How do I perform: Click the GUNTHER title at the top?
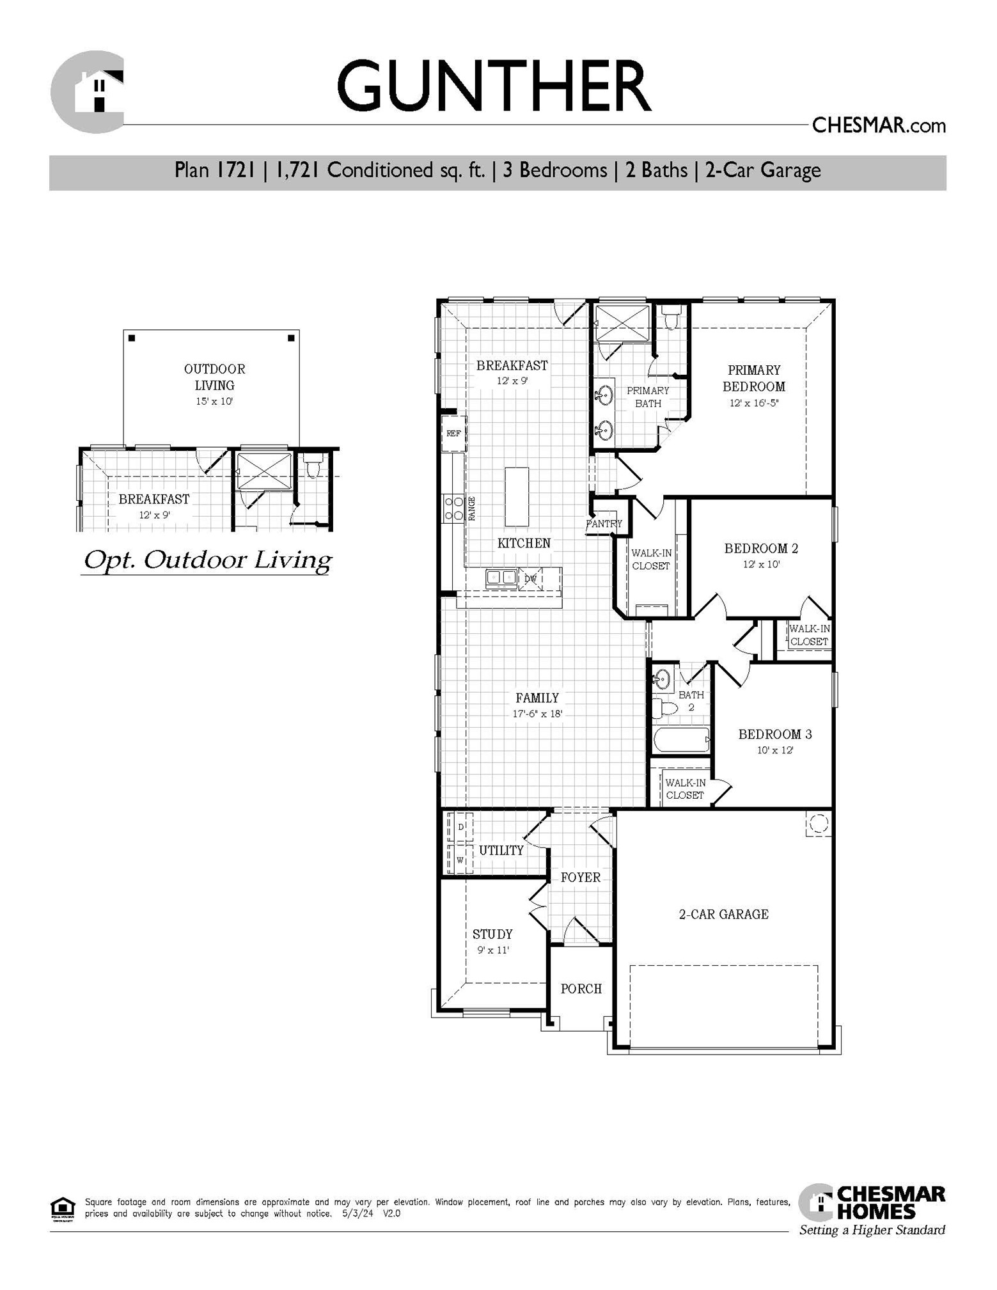(493, 86)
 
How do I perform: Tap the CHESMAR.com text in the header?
(878, 125)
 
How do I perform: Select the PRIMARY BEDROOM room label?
(754, 378)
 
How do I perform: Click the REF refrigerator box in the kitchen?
(453, 434)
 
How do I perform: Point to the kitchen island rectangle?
(517, 497)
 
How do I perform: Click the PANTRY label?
(604, 523)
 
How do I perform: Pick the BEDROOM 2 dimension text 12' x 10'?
(761, 565)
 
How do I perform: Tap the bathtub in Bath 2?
(681, 741)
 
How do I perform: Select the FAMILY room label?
(537, 698)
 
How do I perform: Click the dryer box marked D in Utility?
(460, 827)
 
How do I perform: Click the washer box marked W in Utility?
(460, 860)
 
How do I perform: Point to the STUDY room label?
(492, 934)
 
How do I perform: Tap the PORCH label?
(581, 989)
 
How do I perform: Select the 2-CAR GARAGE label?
(723, 915)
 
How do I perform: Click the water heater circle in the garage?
(818, 824)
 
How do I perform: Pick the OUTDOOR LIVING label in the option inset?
(214, 377)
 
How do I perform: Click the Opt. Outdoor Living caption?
(207, 560)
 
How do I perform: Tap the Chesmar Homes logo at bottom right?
(872, 1211)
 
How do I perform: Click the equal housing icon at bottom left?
(62, 1208)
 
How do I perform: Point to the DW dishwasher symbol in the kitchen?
(530, 578)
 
